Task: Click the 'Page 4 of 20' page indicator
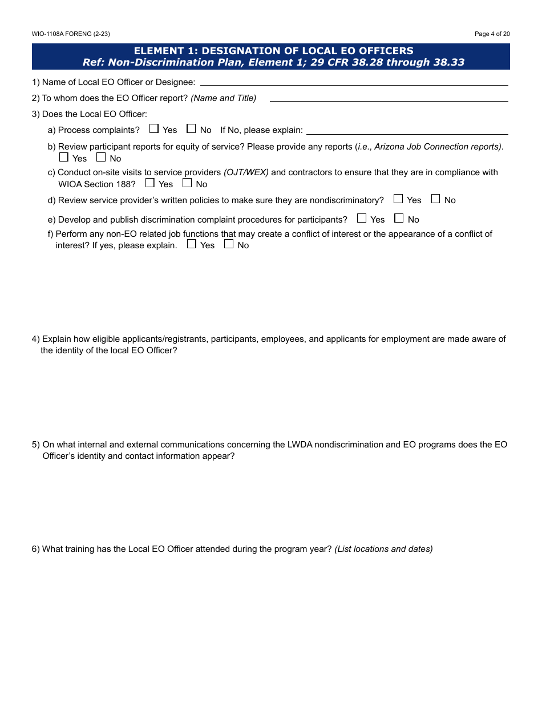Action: click(x=492, y=34)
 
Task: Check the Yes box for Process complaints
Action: click(x=154, y=129)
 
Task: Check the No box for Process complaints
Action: click(x=191, y=129)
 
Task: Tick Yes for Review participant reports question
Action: click(x=64, y=157)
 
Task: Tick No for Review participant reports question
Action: click(x=101, y=157)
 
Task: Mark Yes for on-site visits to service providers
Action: click(x=150, y=183)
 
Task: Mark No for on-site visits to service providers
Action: click(x=187, y=183)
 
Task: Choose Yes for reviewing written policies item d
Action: click(x=398, y=199)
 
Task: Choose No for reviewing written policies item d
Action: click(x=436, y=199)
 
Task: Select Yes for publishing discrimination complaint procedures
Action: click(x=362, y=218)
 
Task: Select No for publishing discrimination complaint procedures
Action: click(x=399, y=218)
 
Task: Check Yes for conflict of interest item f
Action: click(x=192, y=244)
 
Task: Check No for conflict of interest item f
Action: click(x=229, y=244)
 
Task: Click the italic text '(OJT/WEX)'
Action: click(x=246, y=172)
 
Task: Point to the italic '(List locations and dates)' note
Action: click(x=383, y=549)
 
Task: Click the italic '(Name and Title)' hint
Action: click(x=223, y=98)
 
